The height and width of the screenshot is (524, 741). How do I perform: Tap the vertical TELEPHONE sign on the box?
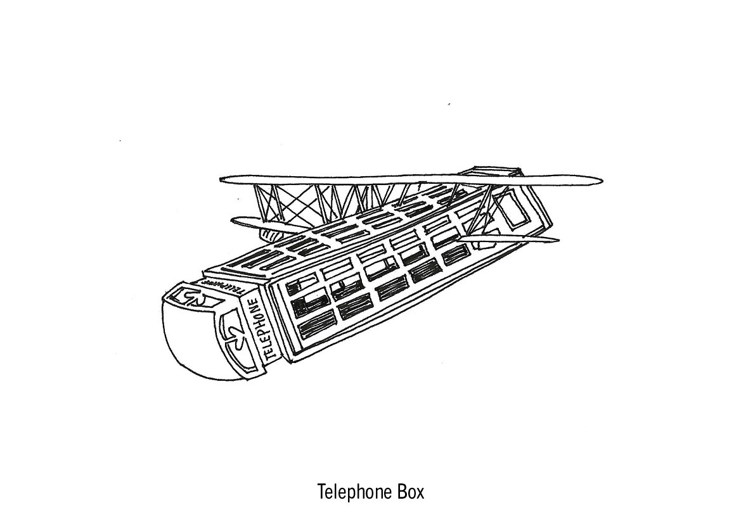coord(264,329)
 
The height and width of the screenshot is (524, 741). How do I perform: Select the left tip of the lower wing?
coord(234,220)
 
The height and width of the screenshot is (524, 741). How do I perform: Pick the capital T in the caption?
coord(321,492)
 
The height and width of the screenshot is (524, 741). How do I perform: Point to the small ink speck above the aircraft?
coord(449,103)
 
